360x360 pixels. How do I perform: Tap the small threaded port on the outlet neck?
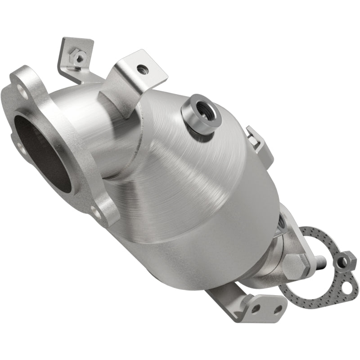tap(282, 220)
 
